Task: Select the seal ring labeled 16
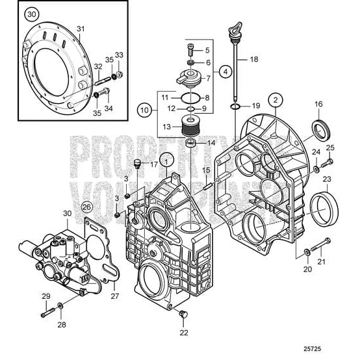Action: (320, 128)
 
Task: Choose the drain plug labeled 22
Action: (183, 315)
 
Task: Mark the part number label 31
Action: (81, 29)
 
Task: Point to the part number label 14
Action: (211, 142)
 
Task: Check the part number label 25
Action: (330, 148)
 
